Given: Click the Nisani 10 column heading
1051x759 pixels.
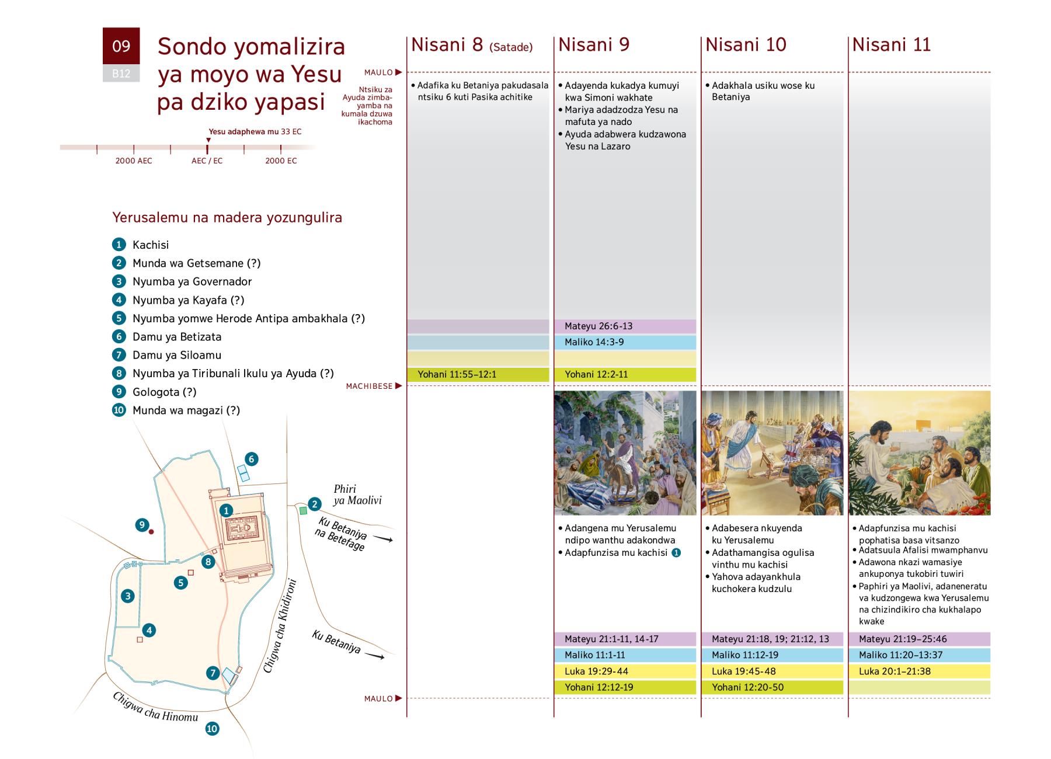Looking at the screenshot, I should pyautogui.click(x=746, y=45).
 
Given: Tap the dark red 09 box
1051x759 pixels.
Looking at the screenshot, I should pyautogui.click(x=121, y=46).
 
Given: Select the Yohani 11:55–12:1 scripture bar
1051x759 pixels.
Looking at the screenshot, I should pyautogui.click(x=478, y=374).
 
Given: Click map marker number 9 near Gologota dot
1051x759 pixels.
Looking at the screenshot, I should pyautogui.click(x=142, y=525).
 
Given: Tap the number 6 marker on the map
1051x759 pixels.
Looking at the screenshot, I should pyautogui.click(x=251, y=459).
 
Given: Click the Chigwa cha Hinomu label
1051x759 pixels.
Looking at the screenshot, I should pyautogui.click(x=155, y=707).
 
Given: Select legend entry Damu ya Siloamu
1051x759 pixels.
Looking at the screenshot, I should pyautogui.click(x=176, y=355).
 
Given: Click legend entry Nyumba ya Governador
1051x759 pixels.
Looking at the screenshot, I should pyautogui.click(x=192, y=281).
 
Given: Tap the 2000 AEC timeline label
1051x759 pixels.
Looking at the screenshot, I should pyautogui.click(x=134, y=161).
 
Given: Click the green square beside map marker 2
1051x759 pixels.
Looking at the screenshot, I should pyautogui.click(x=303, y=511).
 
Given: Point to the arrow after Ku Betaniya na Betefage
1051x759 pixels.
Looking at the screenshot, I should pyautogui.click(x=382, y=539).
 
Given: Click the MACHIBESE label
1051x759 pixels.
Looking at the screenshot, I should pyautogui.click(x=369, y=386).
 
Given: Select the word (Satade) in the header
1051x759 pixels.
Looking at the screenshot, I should pyautogui.click(x=511, y=47).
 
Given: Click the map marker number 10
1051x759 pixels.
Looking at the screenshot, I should pyautogui.click(x=212, y=729).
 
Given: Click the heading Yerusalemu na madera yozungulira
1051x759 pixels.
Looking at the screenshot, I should pyautogui.click(x=227, y=218).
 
